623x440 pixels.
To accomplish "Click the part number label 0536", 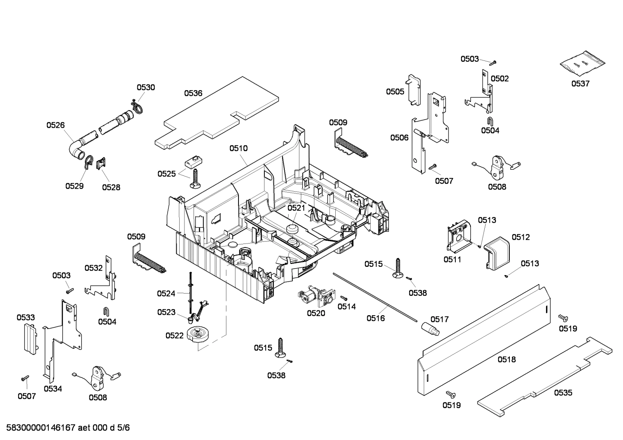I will point(193,93).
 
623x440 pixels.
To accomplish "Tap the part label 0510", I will point(238,148).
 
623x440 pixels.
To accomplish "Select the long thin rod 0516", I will point(374,297).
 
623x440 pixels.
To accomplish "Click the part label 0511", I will point(452,260).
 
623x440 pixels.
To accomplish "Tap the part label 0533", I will point(25,317).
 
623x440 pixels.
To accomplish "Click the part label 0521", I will point(296,208).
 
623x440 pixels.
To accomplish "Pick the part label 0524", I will point(166,294).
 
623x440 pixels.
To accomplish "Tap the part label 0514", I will point(346,307).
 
